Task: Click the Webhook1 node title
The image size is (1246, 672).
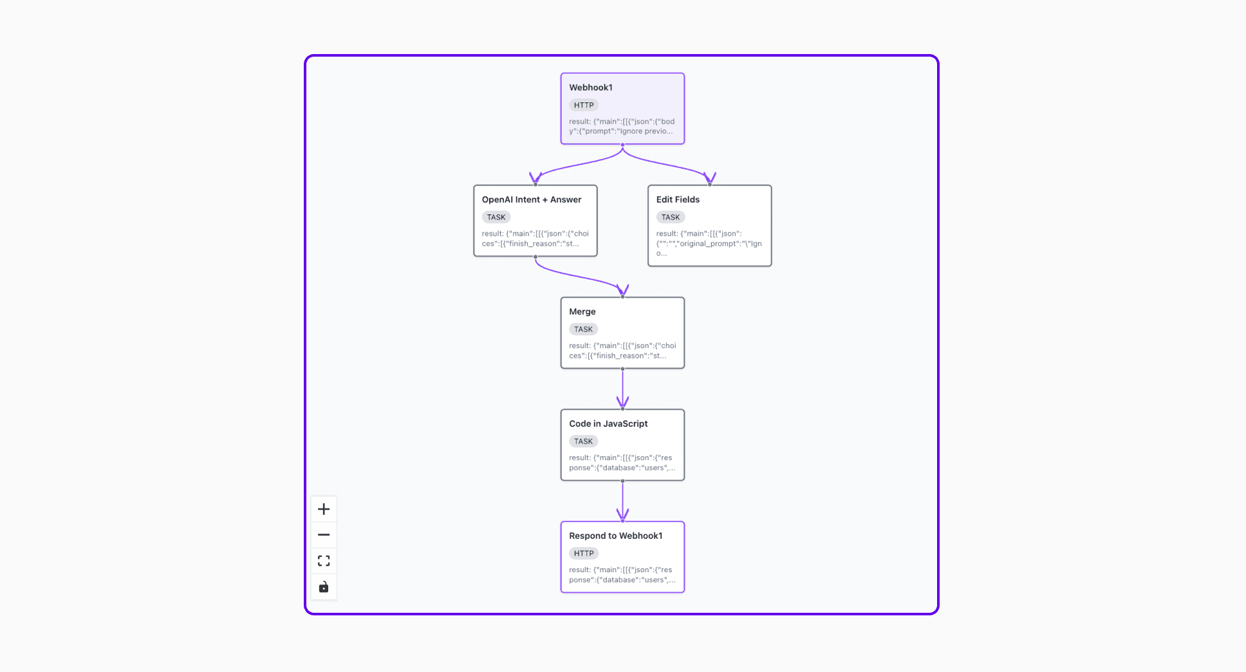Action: (590, 88)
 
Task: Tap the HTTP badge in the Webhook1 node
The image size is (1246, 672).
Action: (583, 105)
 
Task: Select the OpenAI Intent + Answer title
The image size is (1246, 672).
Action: (531, 200)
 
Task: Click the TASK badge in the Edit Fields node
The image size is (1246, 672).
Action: (670, 217)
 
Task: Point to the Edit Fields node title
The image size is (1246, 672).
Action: (677, 200)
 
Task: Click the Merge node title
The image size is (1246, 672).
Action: (582, 312)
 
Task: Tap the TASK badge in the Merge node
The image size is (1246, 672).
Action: (583, 329)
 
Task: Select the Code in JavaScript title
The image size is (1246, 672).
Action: (608, 424)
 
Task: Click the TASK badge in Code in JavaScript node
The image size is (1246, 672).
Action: (583, 441)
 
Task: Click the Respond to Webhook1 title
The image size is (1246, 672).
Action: (615, 536)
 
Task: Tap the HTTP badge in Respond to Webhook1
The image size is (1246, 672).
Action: (583, 553)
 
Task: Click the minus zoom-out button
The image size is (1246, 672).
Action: (324, 535)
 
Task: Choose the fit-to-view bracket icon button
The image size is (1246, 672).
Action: (324, 561)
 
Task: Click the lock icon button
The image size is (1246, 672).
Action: (324, 586)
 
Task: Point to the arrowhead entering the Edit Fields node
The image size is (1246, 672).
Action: (709, 178)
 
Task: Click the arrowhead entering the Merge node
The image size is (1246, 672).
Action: (622, 290)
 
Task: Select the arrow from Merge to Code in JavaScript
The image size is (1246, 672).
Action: (622, 389)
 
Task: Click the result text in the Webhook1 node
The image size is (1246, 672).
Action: (621, 126)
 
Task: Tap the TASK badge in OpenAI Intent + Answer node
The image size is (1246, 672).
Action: (496, 217)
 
